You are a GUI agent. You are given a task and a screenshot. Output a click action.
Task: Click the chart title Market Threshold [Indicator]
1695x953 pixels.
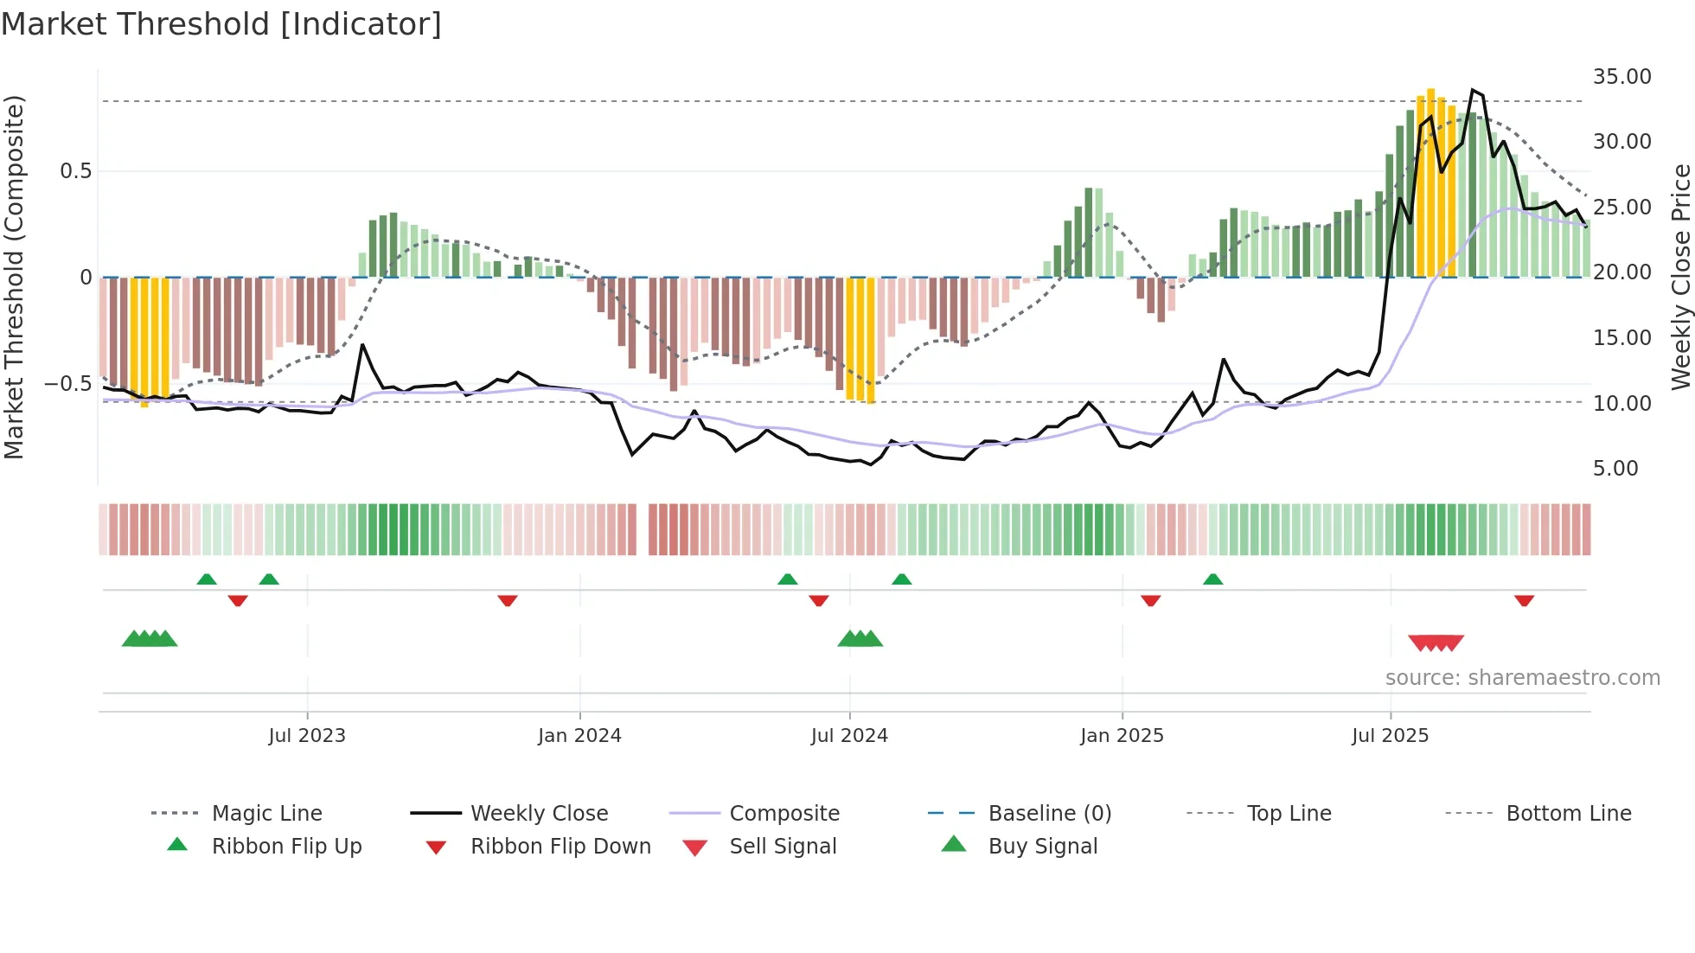(221, 24)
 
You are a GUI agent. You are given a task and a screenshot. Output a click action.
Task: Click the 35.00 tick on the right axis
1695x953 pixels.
(1621, 76)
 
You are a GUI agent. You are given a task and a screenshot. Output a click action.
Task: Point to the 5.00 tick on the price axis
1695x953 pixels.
(1615, 468)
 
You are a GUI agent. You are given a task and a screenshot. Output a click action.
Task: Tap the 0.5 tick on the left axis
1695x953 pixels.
(75, 170)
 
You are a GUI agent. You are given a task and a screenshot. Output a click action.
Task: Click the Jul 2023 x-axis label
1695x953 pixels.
(306, 736)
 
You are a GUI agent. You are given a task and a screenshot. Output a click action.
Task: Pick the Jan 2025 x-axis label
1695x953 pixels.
(1122, 736)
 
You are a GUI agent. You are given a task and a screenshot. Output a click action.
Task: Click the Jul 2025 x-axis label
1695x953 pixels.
(1390, 736)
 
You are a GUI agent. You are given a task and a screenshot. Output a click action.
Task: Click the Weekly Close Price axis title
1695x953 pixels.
(1680, 277)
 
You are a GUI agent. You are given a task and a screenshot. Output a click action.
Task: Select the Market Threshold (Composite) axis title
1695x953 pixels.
(14, 277)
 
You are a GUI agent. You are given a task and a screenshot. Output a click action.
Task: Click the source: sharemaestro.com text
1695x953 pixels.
(1522, 677)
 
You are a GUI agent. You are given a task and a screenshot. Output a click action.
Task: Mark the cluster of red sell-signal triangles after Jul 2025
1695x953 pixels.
(1436, 643)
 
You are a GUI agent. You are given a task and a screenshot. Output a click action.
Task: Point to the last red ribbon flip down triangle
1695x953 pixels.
(1524, 600)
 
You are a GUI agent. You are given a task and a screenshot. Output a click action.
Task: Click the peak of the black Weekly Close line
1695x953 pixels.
(1473, 90)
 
